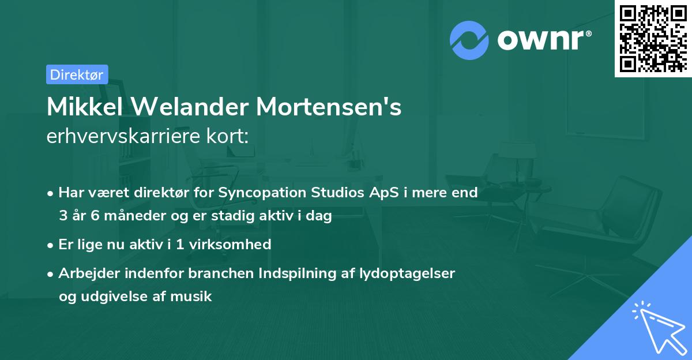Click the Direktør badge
pyautogui.click(x=77, y=74)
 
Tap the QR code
pyautogui.click(x=653, y=38)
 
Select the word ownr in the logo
pyautogui.click(x=541, y=41)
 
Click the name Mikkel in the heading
pyautogui.click(x=82, y=107)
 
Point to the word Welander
pyautogui.click(x=187, y=107)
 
